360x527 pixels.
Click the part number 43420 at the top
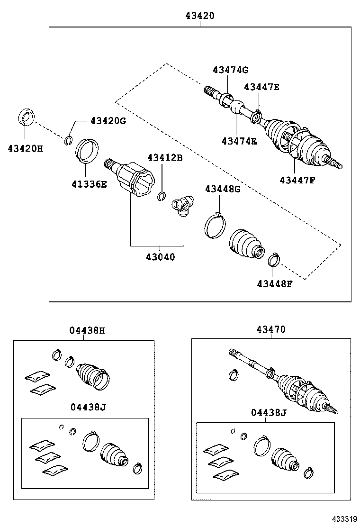pyautogui.click(x=200, y=16)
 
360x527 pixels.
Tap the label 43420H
pyautogui.click(x=25, y=148)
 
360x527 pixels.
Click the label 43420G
pyautogui.click(x=108, y=121)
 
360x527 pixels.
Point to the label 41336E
pyautogui.click(x=90, y=184)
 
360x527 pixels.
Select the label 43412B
pyautogui.click(x=164, y=157)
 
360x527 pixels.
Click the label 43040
pyautogui.click(x=160, y=257)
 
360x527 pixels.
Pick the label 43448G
pyautogui.click(x=223, y=189)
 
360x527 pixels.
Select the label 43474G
pyautogui.click(x=230, y=70)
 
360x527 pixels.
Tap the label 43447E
pyautogui.click(x=261, y=87)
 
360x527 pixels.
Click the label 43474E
pyautogui.click(x=239, y=141)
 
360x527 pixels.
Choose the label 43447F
pyautogui.click(x=297, y=180)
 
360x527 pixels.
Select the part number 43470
pyautogui.click(x=271, y=329)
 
